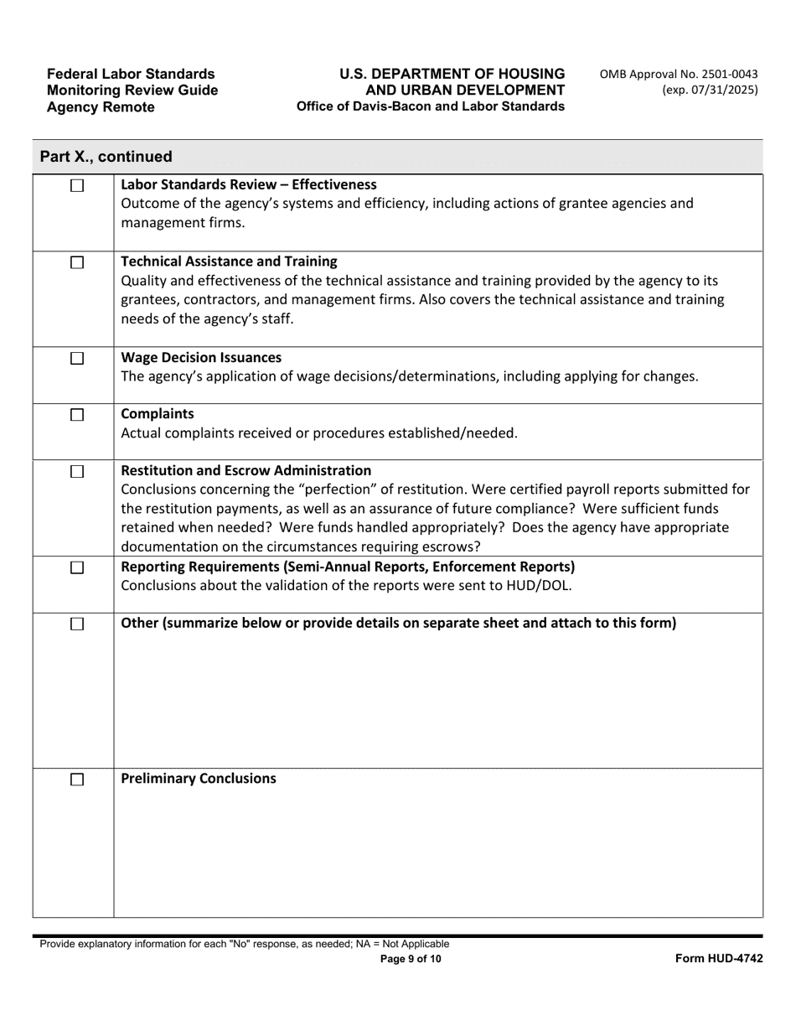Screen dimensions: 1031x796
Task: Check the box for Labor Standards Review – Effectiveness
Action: click(x=77, y=186)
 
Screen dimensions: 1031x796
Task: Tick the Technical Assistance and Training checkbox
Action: click(x=77, y=262)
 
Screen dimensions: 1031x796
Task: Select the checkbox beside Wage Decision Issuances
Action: click(x=77, y=359)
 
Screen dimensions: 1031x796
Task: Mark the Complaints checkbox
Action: click(x=77, y=415)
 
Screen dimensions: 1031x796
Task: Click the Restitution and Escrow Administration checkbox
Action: click(x=77, y=472)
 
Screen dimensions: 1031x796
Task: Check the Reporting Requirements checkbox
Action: click(x=77, y=567)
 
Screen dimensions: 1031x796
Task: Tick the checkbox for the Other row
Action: click(x=77, y=624)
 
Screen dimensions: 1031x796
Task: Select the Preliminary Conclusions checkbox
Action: click(x=77, y=780)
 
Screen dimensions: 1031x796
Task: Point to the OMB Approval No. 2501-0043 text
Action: click(x=679, y=75)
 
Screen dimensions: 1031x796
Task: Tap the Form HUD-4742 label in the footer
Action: click(x=719, y=959)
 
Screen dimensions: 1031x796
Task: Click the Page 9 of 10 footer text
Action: click(x=411, y=960)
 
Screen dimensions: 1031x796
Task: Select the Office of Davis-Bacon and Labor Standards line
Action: click(x=430, y=106)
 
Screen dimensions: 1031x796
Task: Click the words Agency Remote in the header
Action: click(x=101, y=106)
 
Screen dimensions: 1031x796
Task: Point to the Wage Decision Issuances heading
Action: click(x=201, y=358)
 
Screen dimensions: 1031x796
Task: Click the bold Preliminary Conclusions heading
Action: click(x=199, y=779)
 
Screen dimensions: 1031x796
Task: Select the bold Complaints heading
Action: click(x=158, y=414)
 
